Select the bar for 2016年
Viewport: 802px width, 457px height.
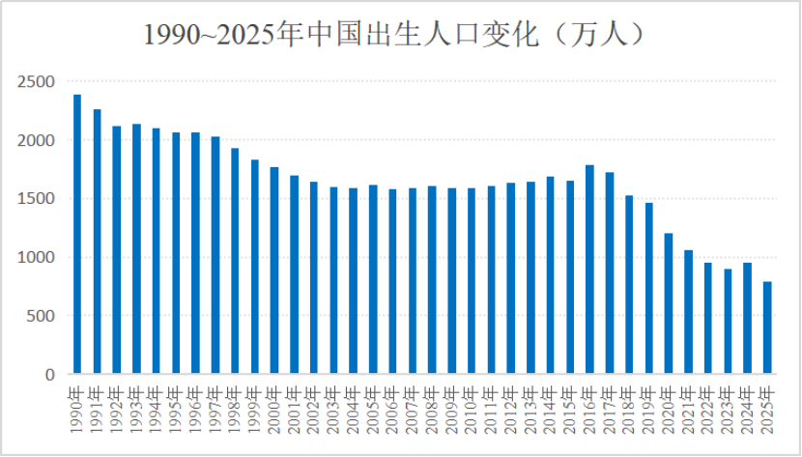[x=589, y=270]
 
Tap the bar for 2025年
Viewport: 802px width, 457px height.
[x=766, y=328]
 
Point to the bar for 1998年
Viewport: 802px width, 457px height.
[x=235, y=261]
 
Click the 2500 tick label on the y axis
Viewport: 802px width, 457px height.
[x=36, y=82]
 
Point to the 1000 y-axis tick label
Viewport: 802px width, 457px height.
[x=36, y=258]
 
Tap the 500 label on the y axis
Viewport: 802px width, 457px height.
[x=41, y=316]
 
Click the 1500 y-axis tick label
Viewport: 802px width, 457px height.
[x=36, y=199]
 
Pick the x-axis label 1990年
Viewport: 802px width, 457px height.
[x=76, y=404]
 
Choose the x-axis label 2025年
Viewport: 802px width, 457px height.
[x=766, y=404]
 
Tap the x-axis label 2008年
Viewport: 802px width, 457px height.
[x=431, y=404]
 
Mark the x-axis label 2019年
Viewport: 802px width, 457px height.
[x=648, y=404]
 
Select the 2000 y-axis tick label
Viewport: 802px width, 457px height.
[x=36, y=141]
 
